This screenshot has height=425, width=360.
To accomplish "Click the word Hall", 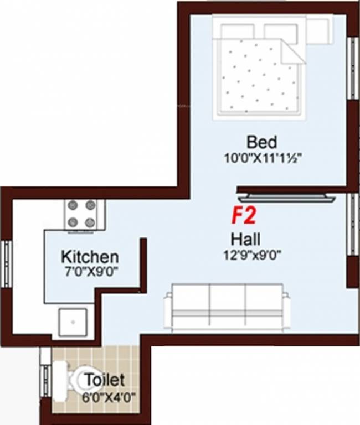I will [246, 240].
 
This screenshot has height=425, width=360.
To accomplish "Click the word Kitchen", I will [89, 257].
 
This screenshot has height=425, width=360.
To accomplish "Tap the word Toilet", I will [104, 381].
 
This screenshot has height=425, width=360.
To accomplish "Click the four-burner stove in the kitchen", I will [81, 214].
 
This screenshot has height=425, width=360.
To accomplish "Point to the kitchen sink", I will [73, 322].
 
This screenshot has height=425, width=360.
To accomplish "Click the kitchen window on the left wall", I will [6, 264].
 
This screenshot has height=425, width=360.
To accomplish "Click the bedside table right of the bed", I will [320, 25].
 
